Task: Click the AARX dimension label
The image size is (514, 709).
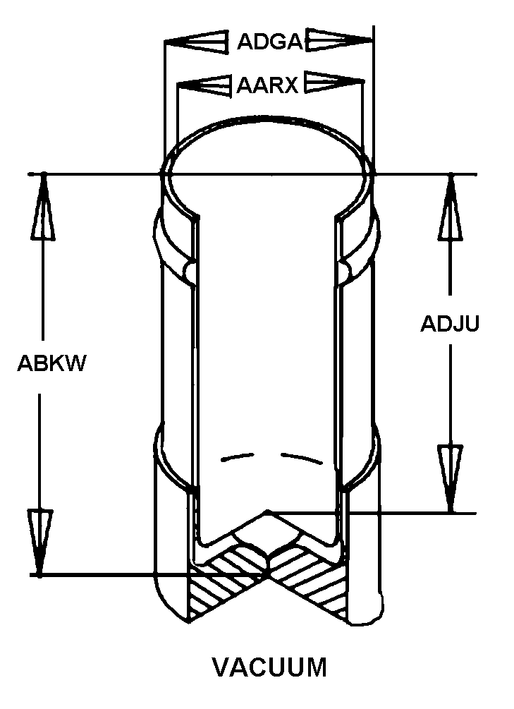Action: (x=268, y=85)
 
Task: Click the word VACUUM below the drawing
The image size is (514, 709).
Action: (x=270, y=667)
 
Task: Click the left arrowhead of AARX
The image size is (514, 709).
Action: (x=204, y=85)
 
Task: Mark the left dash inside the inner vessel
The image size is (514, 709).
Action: (x=236, y=458)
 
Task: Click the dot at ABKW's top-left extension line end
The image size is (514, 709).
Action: (x=44, y=174)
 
